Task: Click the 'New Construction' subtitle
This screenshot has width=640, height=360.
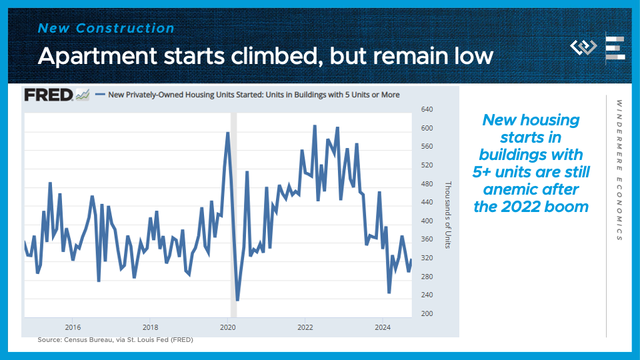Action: click(107, 29)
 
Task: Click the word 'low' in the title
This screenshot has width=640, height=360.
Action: click(473, 55)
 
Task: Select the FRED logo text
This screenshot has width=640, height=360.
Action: click(49, 95)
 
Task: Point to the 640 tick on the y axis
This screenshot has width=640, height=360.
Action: click(427, 109)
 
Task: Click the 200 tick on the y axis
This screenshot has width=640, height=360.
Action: click(427, 313)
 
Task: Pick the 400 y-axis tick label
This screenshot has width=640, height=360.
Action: click(427, 221)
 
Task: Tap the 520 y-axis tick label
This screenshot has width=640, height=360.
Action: click(427, 165)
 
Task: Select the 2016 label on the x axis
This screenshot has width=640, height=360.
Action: click(73, 327)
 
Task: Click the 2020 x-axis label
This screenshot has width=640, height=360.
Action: click(228, 327)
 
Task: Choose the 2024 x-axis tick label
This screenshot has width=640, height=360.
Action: click(383, 327)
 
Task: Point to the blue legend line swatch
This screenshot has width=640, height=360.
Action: click(101, 95)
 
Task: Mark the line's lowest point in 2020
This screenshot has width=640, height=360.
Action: click(237, 300)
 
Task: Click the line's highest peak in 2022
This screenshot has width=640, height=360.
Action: click(315, 126)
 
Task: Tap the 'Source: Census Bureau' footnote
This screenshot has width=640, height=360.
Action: click(115, 340)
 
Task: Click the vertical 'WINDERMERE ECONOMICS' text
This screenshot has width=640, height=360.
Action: click(619, 171)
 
